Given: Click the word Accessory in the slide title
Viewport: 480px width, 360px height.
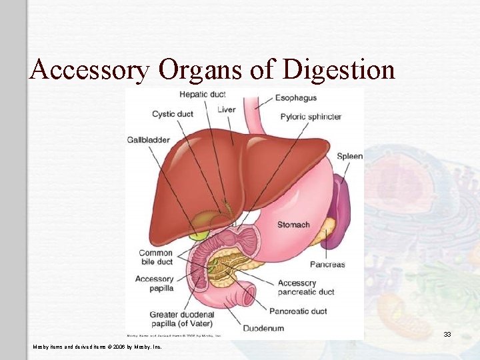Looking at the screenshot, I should point(89,69).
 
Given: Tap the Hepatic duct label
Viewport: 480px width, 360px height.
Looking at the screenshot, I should point(203,94).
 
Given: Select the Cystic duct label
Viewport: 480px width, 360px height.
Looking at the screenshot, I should point(172,114).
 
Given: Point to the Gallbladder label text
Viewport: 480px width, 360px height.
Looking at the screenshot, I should point(148,140).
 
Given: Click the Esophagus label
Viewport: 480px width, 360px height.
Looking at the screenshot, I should point(295,98).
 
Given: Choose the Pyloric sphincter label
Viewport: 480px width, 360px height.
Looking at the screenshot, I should point(311,117).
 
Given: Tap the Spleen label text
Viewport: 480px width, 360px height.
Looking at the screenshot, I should point(349,157).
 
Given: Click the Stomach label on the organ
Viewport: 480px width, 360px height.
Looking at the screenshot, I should point(293,225).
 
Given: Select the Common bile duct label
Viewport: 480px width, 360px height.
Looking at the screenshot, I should point(155,257).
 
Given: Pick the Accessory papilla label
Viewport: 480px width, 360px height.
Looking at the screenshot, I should point(154,283).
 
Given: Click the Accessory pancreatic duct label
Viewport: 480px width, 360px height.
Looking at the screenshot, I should point(306,287).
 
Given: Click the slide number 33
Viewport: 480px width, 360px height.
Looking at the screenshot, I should point(447,334).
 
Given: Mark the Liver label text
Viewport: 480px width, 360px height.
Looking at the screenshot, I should point(227,110).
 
